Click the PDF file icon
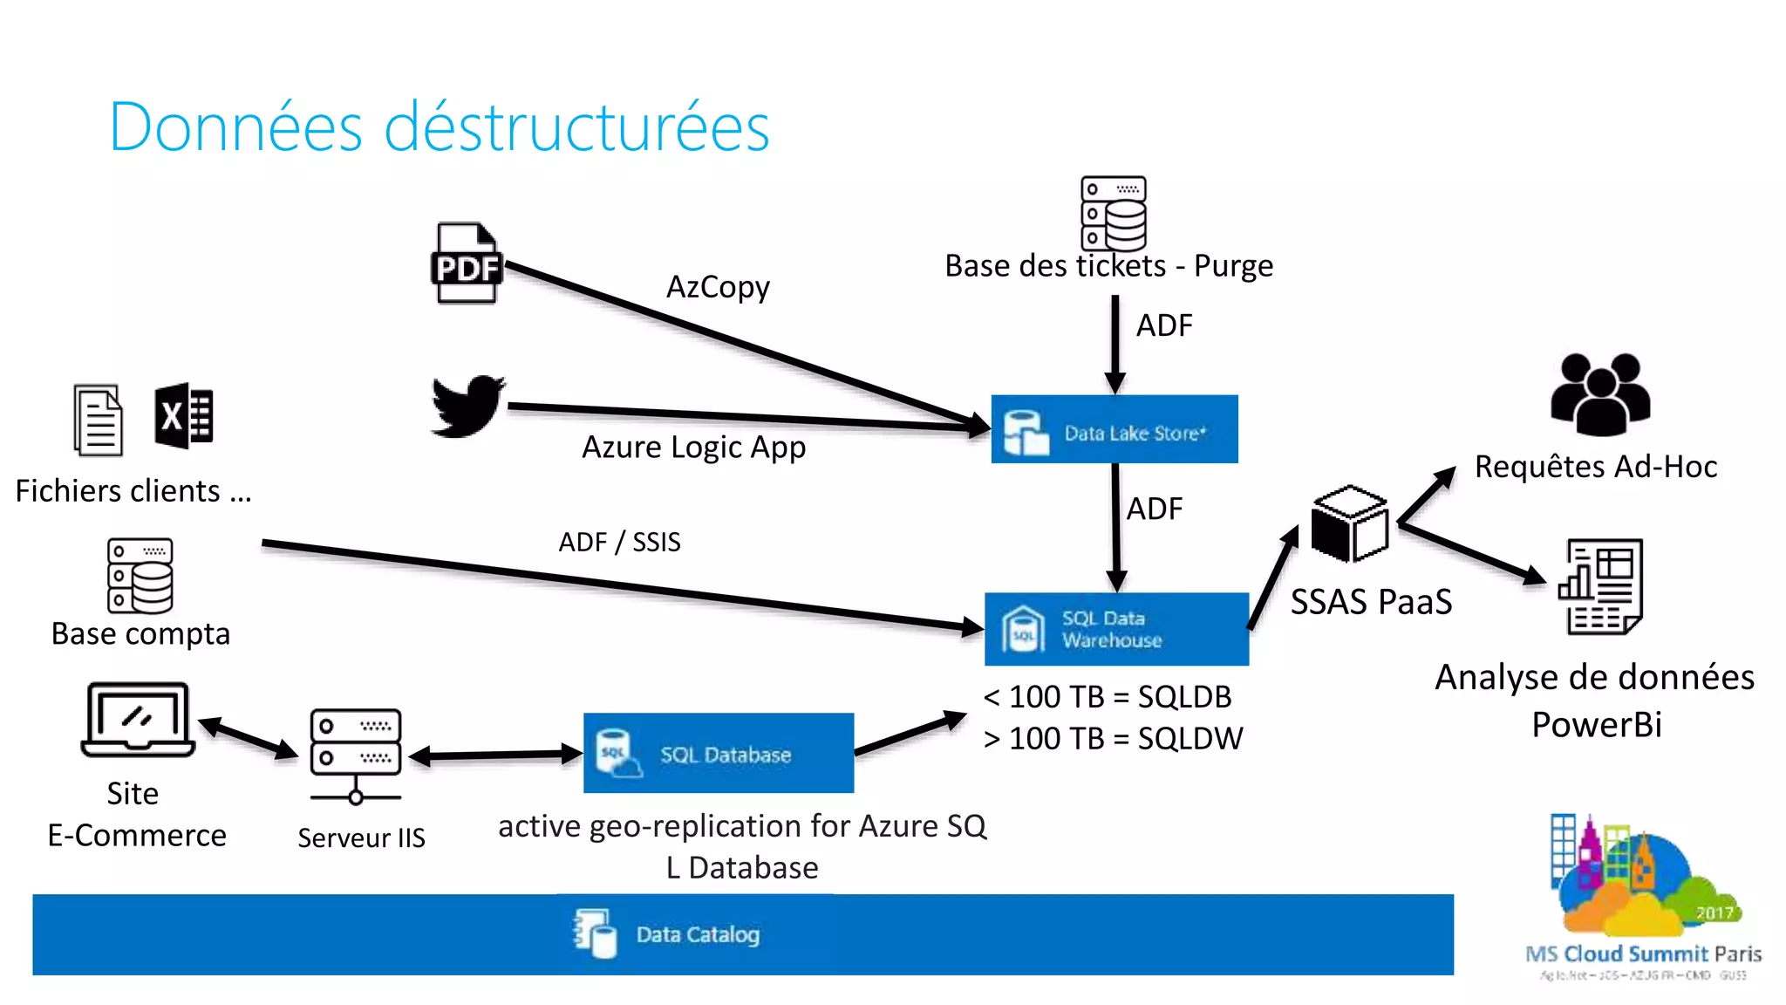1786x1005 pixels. (467, 263)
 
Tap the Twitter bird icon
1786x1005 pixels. (468, 407)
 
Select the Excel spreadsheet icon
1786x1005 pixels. (184, 416)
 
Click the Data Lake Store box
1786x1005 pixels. (1115, 430)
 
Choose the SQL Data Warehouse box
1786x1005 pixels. (1116, 629)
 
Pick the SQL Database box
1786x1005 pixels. (719, 753)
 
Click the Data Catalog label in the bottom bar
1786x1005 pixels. (698, 934)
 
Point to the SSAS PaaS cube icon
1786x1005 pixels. (1349, 524)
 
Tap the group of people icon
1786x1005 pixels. (1600, 395)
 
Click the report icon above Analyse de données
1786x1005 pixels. (1601, 587)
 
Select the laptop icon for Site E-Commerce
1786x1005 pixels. (137, 720)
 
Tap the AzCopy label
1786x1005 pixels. (718, 287)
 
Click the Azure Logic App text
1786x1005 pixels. (693, 447)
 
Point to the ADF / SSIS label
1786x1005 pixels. (619, 542)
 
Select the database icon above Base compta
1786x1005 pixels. (140, 576)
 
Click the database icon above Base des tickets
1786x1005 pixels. (1114, 214)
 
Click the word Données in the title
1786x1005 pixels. (235, 127)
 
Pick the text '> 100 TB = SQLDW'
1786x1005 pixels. (1113, 739)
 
